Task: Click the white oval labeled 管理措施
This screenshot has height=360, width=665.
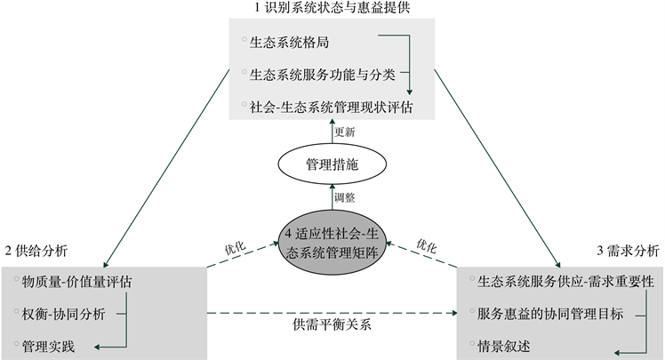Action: click(332, 164)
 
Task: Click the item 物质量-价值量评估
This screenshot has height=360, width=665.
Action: click(78, 282)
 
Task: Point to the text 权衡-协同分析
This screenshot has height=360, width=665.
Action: click(66, 313)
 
